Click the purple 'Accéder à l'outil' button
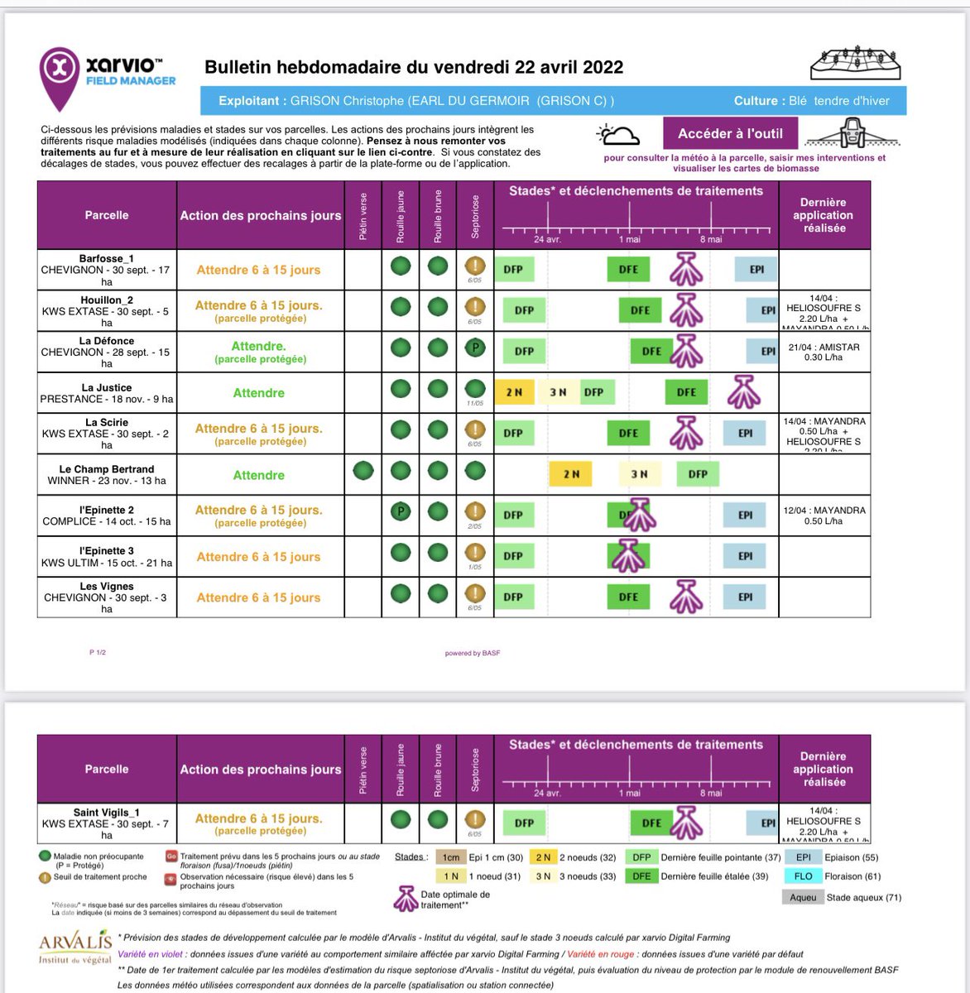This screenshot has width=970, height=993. click(730, 133)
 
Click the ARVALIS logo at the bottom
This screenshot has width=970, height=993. click(74, 947)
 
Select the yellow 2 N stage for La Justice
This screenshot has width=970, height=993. click(514, 392)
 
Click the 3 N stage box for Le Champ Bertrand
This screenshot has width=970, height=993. click(639, 474)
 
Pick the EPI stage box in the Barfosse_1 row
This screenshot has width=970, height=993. click(756, 269)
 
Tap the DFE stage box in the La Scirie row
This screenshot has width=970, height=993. click(628, 433)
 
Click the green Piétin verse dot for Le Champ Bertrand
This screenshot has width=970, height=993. click(363, 472)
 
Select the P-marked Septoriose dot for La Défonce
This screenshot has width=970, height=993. click(475, 348)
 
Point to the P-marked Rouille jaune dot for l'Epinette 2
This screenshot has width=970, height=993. click(401, 511)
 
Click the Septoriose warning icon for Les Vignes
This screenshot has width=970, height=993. click(475, 593)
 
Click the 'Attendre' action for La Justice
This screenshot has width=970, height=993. click(258, 393)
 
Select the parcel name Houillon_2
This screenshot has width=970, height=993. click(107, 300)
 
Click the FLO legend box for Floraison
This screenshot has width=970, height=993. click(803, 876)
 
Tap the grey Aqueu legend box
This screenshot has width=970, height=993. click(803, 897)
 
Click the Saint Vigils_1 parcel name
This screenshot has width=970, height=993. click(107, 813)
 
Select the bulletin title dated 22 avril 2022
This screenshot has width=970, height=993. click(414, 67)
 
